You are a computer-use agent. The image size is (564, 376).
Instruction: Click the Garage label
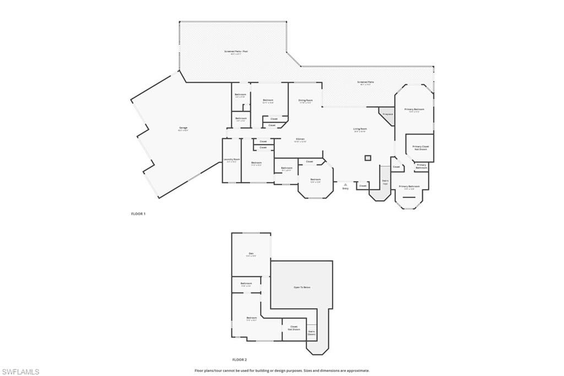(183, 128)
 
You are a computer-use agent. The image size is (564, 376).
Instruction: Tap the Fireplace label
(387, 114)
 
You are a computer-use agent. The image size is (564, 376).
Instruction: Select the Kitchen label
(300, 139)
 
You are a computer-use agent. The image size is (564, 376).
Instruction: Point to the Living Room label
(360, 129)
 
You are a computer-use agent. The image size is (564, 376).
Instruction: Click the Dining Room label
(305, 100)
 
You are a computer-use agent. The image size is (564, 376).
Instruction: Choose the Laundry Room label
(232, 159)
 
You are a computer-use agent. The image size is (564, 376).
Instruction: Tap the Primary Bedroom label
(414, 109)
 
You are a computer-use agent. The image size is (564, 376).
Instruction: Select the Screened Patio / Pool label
(236, 52)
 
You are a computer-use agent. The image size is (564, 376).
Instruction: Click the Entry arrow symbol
(345, 184)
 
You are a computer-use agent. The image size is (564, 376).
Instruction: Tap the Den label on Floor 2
(251, 254)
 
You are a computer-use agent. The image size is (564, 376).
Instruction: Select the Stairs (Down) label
(311, 332)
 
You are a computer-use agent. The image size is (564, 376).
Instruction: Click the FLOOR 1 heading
(138, 213)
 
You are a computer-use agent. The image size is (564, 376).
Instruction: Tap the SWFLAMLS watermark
(21, 372)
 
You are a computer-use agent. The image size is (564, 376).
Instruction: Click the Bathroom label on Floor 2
(246, 283)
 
